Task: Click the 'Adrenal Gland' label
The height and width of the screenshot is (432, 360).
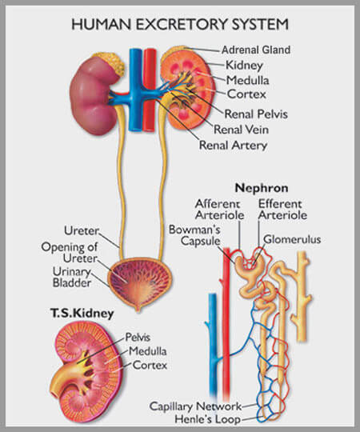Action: [256, 50]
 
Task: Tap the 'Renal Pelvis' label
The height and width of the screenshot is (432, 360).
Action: [256, 114]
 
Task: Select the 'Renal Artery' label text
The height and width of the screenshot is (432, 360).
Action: [233, 145]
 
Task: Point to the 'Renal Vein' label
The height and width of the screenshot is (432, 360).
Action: [241, 130]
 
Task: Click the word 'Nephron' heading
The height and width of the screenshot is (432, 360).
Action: [262, 188]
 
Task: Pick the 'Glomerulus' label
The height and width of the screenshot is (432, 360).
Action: [292, 239]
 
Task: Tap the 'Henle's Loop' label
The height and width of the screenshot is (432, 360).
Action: [208, 419]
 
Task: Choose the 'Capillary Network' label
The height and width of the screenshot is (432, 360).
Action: [195, 406]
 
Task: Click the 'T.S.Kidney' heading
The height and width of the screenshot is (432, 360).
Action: [82, 314]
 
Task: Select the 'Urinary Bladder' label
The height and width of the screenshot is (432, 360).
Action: [72, 277]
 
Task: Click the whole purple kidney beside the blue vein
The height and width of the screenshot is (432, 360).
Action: [94, 95]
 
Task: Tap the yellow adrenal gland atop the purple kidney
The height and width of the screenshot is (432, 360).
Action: [111, 63]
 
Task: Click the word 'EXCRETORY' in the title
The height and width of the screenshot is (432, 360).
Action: [182, 24]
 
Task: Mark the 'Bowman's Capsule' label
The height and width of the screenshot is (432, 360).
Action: [194, 235]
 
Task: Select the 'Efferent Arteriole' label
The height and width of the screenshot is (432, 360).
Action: [282, 210]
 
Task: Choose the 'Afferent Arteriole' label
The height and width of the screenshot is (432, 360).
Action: [219, 210]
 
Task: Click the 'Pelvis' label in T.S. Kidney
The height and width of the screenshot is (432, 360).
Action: [138, 338]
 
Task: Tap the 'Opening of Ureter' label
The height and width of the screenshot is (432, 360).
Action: [70, 253]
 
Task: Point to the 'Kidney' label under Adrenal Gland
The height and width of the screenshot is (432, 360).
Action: [244, 66]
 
